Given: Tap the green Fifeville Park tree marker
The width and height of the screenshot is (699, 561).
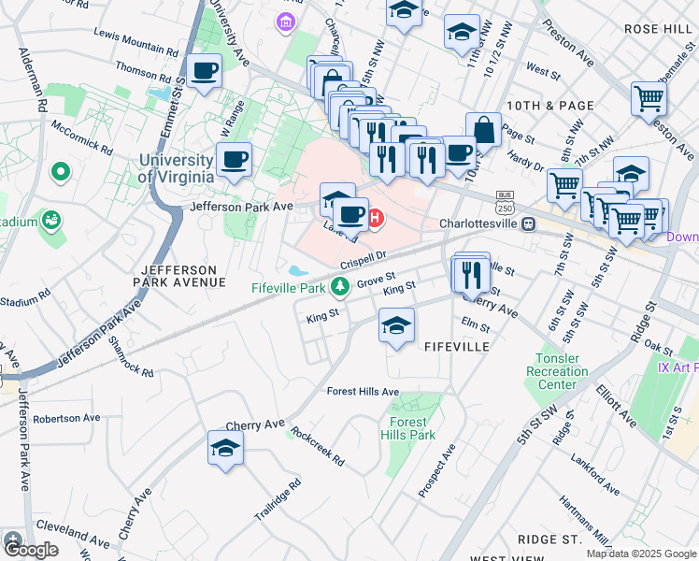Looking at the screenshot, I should pos(342,285).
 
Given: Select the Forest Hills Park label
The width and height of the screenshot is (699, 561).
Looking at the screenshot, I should pos(407,428).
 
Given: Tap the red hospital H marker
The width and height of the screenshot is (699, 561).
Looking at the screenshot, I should pos(376,220).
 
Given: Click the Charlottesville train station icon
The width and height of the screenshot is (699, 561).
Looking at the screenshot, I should pos(528,224).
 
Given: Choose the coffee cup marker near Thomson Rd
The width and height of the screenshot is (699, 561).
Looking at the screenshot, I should pos(204,69).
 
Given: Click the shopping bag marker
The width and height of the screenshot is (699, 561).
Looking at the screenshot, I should pos(483,130).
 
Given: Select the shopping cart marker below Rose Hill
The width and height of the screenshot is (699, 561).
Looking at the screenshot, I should pos(649,97).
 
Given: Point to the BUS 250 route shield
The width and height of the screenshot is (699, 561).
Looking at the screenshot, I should pos(506,203).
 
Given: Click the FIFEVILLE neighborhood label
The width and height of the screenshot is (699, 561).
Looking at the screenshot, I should pos(457,347).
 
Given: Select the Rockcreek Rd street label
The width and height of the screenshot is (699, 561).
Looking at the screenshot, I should pos(317,447).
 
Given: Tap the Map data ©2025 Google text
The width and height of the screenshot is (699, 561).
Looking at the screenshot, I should pos(641,554).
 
